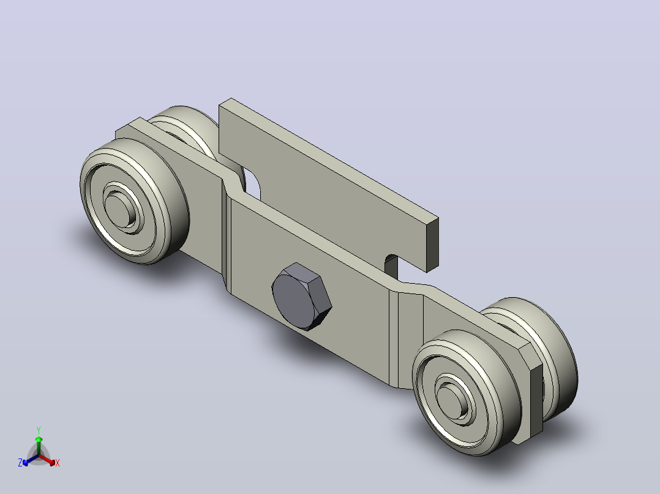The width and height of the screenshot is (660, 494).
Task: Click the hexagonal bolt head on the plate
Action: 301,297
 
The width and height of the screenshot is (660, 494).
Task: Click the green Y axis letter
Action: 39,430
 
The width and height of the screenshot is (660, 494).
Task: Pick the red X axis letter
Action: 58,463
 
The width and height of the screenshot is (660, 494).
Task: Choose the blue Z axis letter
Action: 20,463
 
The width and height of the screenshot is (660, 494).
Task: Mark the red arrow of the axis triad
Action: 48,460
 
